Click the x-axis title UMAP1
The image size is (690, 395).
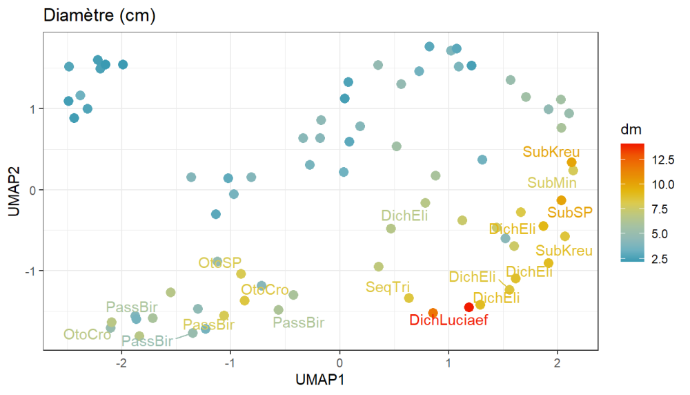click(x=320, y=380)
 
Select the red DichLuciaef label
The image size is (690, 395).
click(x=448, y=320)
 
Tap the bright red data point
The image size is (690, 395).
click(x=469, y=307)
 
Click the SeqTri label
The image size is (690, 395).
click(x=388, y=287)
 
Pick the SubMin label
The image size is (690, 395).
click(x=552, y=183)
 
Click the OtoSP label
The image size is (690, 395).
click(x=220, y=263)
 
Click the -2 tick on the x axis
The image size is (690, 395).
click(x=121, y=362)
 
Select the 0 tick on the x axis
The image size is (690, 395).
click(x=339, y=362)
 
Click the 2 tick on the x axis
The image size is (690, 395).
click(x=557, y=362)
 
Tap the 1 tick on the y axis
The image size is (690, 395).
click(x=32, y=109)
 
